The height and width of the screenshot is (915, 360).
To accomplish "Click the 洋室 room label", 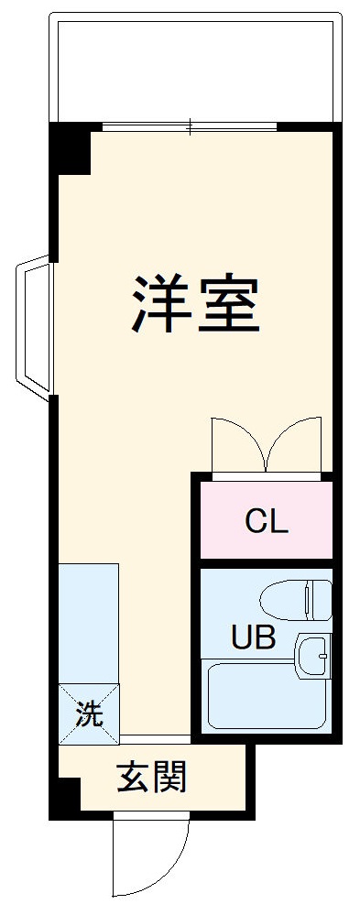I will pyautogui.click(x=196, y=304).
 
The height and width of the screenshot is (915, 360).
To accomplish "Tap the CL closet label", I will pyautogui.click(x=267, y=521).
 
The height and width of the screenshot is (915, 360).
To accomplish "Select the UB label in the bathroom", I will pyautogui.click(x=252, y=637).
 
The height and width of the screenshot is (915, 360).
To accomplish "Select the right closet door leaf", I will pyautogui.click(x=295, y=446).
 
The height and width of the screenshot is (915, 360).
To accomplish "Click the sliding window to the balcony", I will pyautogui.click(x=190, y=125).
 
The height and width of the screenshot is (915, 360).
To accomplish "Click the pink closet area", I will pyautogui.click(x=267, y=536).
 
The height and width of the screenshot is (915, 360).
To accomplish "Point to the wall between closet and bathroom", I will pyautogui.click(x=266, y=562).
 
